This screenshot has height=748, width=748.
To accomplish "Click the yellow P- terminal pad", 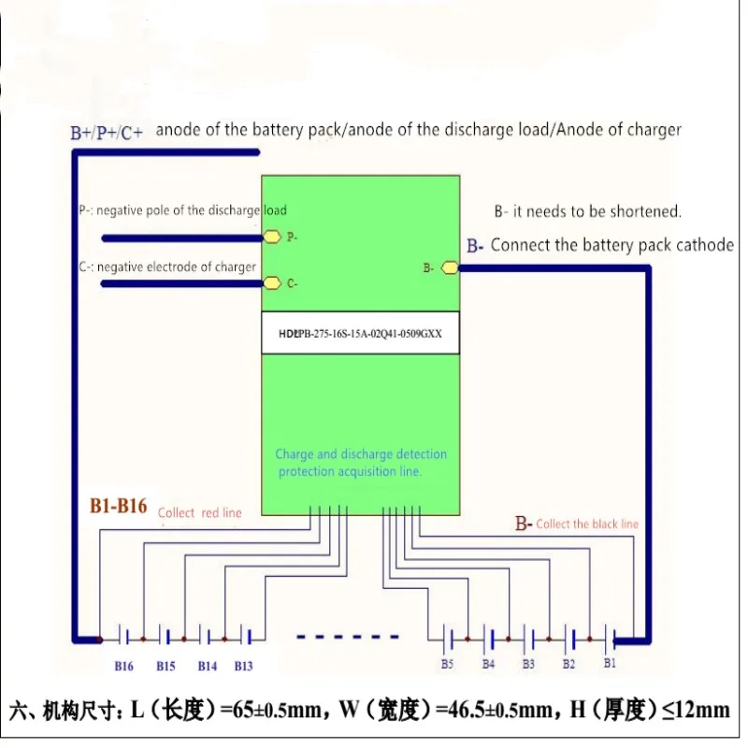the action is point(272,237).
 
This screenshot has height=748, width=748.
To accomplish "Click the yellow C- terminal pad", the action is point(272,283).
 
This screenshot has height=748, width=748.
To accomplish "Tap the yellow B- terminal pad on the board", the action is point(450,268).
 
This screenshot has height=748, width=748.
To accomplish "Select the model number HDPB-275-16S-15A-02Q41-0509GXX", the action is point(360,334).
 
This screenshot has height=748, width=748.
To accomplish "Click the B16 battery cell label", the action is point(123,667).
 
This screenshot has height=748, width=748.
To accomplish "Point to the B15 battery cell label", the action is point(165,667).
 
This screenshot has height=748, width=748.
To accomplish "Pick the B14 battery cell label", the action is point(207,667).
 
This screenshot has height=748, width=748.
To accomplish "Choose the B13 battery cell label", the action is point(243,667).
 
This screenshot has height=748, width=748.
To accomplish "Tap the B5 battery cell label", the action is point(447,665).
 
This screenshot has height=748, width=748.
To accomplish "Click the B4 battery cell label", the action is point(488,665).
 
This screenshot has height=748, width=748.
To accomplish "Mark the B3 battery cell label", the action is point(528,665).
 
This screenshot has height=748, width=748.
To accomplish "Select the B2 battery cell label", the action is point(568,665).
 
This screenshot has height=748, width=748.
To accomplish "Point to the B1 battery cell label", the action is point(610,663).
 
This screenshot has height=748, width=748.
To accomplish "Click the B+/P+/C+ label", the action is point(107,133).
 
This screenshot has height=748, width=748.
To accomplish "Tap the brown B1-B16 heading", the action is point(119,506).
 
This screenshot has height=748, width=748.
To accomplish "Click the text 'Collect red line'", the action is point(199,513).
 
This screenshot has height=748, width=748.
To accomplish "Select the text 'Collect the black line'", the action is point(587,525).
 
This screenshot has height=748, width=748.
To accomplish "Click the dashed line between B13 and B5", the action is point(347,637).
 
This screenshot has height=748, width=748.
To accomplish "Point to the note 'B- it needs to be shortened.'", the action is point(588,211).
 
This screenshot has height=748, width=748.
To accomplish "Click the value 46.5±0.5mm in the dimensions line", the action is point(498,710).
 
